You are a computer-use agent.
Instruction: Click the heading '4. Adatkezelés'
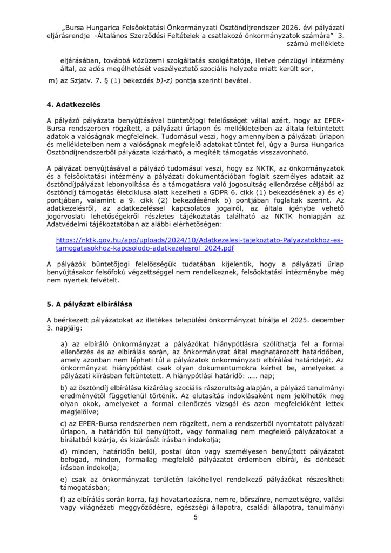[73, 104]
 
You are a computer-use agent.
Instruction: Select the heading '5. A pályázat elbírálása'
[89, 304]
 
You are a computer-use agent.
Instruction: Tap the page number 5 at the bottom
[195, 517]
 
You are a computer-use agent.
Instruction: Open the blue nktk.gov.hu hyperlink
[199, 244]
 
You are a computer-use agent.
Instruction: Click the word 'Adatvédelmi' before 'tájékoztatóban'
[70, 222]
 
